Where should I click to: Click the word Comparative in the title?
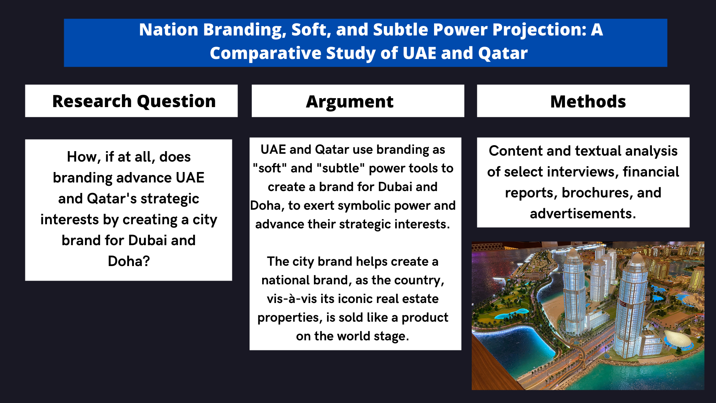click(265, 53)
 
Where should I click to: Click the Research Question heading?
click(134, 101)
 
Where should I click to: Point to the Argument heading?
click(349, 102)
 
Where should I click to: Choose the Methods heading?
click(588, 101)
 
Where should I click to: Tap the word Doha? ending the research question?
click(129, 261)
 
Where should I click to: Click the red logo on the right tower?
click(623, 304)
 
